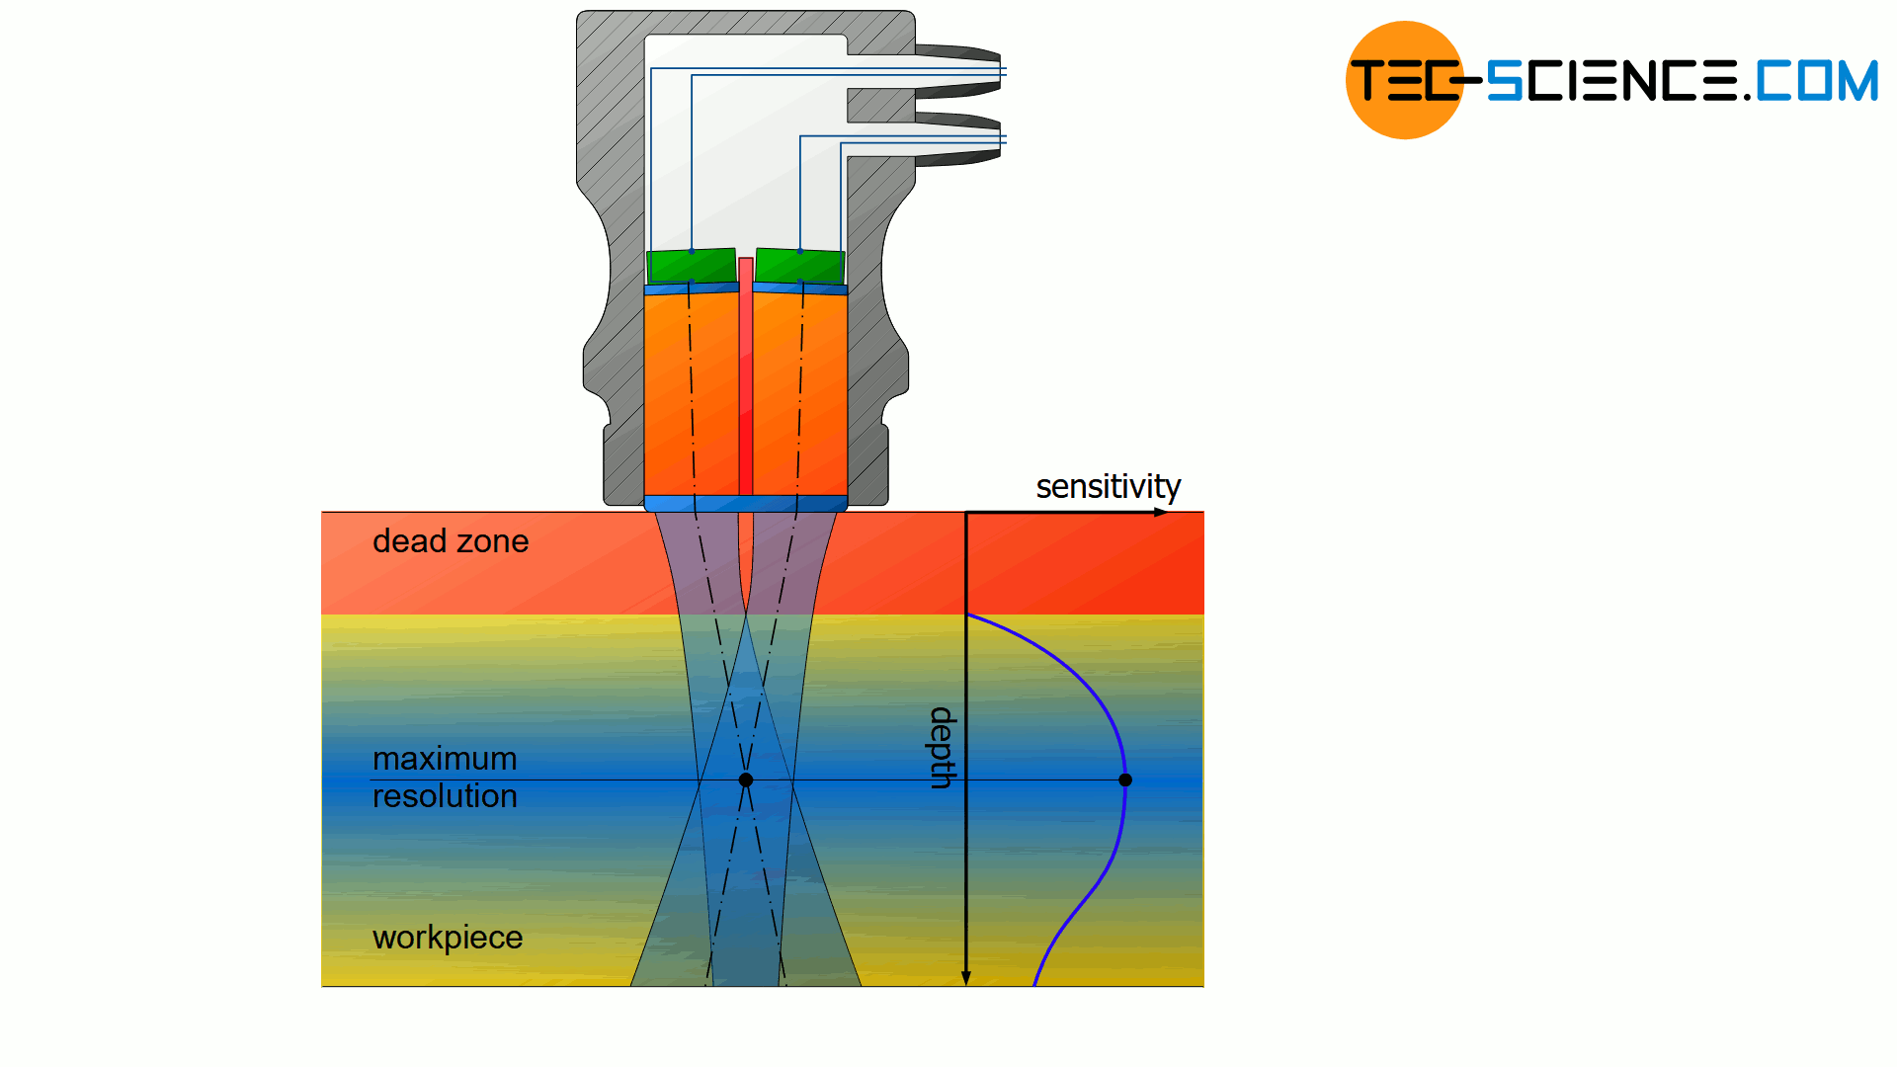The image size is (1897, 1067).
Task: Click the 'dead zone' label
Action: click(x=451, y=541)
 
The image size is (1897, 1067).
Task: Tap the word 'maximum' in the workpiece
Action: click(x=445, y=759)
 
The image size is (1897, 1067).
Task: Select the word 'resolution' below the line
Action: click(x=445, y=796)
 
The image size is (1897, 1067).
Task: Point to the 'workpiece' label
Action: click(x=448, y=938)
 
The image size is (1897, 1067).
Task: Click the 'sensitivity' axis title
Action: click(x=1108, y=486)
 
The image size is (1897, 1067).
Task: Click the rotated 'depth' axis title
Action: click(x=943, y=747)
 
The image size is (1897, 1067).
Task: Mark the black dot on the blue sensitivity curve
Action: click(x=1125, y=780)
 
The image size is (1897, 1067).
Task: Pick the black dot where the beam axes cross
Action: click(x=746, y=780)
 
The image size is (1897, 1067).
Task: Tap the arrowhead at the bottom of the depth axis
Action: click(x=966, y=978)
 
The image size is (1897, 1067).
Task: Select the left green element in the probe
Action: click(x=692, y=266)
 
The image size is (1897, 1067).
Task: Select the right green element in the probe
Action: click(x=800, y=266)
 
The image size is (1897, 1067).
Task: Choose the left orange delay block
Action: click(x=691, y=395)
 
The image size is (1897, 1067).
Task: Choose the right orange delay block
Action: click(x=800, y=395)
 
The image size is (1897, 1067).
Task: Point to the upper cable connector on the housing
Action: click(x=958, y=71)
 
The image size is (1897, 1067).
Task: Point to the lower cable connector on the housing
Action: click(x=958, y=139)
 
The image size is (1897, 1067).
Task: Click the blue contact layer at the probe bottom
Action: click(x=746, y=503)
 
